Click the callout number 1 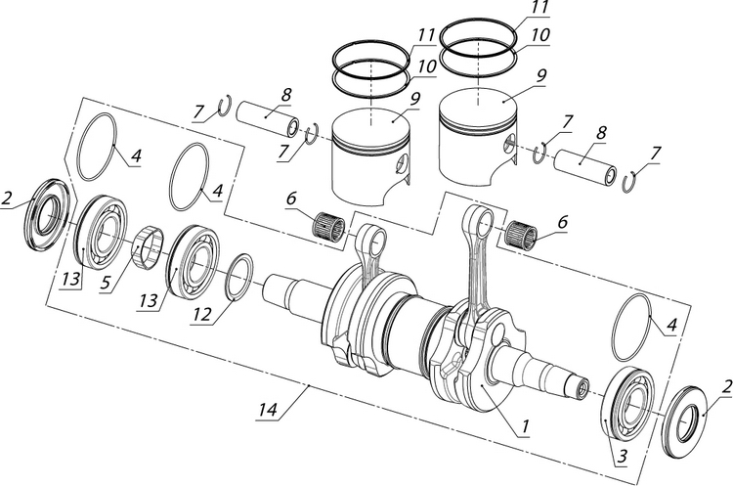click(525, 427)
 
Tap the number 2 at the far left click(7, 199)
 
